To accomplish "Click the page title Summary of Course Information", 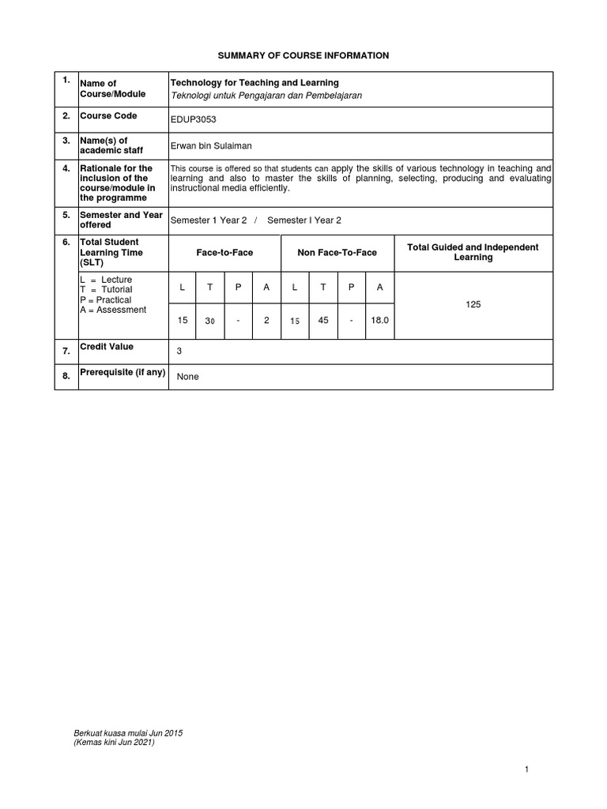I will (x=303, y=55).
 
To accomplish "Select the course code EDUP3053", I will (x=193, y=120).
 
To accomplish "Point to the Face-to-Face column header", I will (x=224, y=253).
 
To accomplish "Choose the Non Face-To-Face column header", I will (x=337, y=253).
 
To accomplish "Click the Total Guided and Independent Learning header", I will (x=473, y=252).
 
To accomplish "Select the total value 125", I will (x=473, y=304).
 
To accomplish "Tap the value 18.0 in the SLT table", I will (x=379, y=322).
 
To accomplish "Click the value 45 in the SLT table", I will (x=322, y=322).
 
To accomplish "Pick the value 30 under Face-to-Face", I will (x=209, y=322).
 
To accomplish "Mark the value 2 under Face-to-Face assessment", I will (x=266, y=322).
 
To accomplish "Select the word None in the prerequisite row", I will (x=188, y=377).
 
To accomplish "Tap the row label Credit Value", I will (x=107, y=347).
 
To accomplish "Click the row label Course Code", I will (x=108, y=116).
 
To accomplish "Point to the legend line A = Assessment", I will (x=113, y=310).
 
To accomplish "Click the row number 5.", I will (x=66, y=215).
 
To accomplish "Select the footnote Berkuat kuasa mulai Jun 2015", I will (x=128, y=733).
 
